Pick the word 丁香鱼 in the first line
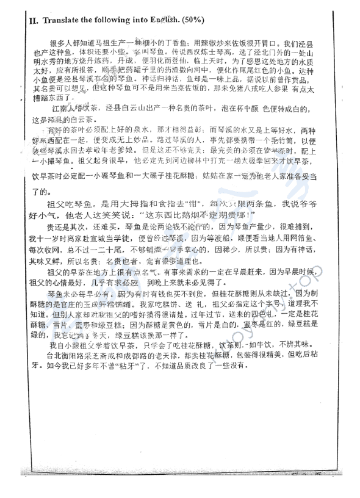(x=181, y=45)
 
